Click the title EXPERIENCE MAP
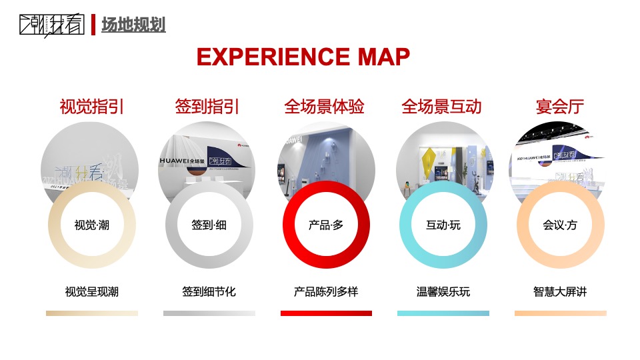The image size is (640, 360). click(303, 57)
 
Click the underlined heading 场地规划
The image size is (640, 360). click(133, 25)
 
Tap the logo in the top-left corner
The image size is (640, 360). click(52, 25)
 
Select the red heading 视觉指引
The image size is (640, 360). click(92, 107)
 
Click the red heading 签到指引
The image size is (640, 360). click(207, 107)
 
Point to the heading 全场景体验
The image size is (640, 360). click(325, 107)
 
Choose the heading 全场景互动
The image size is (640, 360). click(441, 107)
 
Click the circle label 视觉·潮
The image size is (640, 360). click(92, 225)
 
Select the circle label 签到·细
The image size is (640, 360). click(209, 225)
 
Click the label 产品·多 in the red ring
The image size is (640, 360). click(326, 225)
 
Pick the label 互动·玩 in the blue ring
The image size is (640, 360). click(443, 225)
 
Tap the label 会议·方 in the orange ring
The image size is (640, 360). click(560, 225)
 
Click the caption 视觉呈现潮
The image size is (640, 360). click(92, 292)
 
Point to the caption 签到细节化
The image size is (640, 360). click(209, 292)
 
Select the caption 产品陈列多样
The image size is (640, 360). click(326, 292)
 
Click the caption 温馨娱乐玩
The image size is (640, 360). click(443, 292)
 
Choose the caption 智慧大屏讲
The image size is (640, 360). click(560, 292)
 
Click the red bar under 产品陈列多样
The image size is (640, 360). click(326, 313)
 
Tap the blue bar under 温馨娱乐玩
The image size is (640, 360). click(443, 313)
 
